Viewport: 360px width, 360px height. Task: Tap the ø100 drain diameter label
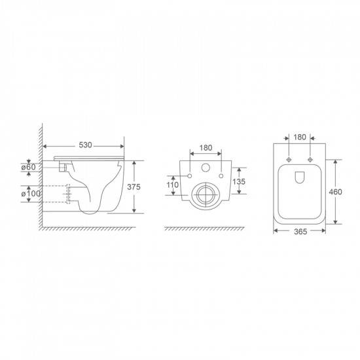click(x=33, y=195)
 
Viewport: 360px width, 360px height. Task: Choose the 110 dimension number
click(x=173, y=185)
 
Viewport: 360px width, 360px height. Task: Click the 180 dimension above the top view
click(x=298, y=138)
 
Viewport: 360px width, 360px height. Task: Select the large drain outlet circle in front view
click(x=205, y=194)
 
